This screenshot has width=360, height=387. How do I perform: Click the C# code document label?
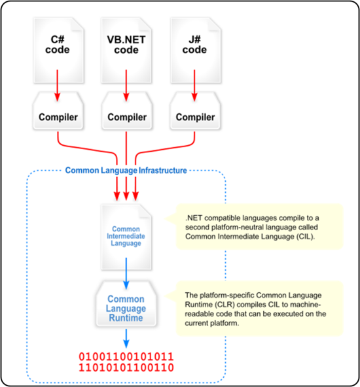[x=58, y=44]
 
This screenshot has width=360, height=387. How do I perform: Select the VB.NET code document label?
[x=126, y=44]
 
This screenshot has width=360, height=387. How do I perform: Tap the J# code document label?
[x=194, y=44]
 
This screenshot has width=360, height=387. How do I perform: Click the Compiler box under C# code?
[x=58, y=111]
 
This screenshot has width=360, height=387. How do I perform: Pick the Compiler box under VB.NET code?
[x=127, y=111]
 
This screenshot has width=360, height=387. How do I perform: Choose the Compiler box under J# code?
[x=195, y=111]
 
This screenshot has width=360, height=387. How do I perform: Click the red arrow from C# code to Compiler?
[x=58, y=86]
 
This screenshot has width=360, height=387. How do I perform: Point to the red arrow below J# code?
[x=194, y=86]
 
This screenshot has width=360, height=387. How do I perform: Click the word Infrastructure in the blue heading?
[x=163, y=171]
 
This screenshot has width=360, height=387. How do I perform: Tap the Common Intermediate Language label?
[x=126, y=236]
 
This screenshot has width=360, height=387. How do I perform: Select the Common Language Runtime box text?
[x=126, y=309]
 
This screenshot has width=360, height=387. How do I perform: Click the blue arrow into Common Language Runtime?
[x=126, y=273]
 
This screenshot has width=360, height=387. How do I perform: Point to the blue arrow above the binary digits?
[x=126, y=339]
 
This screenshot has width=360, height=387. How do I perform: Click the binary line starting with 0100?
[x=126, y=357]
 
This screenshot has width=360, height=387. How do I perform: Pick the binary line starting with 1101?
[x=126, y=367]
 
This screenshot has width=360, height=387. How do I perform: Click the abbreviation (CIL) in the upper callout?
[x=306, y=237]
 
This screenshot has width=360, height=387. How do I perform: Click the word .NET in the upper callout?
[x=194, y=218]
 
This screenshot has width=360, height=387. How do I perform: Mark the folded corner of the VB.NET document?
[x=145, y=25]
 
